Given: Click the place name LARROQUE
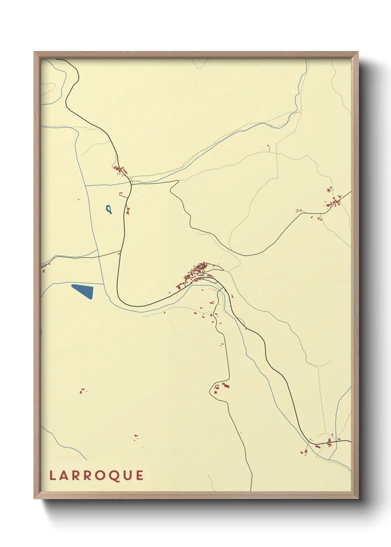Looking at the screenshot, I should coord(96,475).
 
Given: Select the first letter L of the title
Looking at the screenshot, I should coord(52,475).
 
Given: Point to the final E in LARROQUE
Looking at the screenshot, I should coord(140,475).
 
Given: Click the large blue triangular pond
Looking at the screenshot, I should coord(84,291).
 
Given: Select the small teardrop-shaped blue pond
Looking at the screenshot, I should coord(108,210).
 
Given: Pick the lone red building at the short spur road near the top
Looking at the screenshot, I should coord(269,147).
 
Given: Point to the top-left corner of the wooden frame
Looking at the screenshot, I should coord(34,52).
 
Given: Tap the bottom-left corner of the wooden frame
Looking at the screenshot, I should coord(34,499).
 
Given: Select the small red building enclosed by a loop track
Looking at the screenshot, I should coord(329,191).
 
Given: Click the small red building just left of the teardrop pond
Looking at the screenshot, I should coord(79,200).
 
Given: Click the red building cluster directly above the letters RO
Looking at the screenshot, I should coord(136,438).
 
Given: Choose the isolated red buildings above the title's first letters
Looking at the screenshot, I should coord(83,390).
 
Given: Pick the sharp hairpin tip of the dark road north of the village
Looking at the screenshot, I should coord(171,188).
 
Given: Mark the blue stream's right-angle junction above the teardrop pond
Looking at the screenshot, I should coord(86,185).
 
